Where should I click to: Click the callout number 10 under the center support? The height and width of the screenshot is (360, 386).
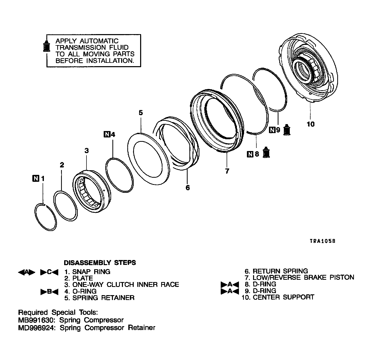point(310,124)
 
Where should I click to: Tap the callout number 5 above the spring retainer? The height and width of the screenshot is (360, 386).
point(141,113)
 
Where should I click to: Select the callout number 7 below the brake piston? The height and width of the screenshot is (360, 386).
point(227,171)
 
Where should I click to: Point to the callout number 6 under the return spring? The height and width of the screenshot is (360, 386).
point(188,188)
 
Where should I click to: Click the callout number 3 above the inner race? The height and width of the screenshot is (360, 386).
point(86,151)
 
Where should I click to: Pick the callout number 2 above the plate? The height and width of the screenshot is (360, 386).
point(62,165)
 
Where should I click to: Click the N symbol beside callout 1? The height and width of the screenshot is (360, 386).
point(36,178)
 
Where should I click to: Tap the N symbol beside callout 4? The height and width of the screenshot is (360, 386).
point(107,134)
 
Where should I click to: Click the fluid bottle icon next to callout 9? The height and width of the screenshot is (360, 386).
point(287,129)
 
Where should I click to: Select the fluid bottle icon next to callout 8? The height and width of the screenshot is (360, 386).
point(266,152)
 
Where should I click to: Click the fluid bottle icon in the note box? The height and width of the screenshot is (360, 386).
point(47,46)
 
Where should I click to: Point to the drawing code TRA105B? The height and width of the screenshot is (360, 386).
point(323,241)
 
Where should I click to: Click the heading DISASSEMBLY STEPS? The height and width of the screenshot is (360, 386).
point(100,263)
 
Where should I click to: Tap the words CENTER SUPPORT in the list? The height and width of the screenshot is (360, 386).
point(283,297)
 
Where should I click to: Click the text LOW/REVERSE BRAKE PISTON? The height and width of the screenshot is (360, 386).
point(303,277)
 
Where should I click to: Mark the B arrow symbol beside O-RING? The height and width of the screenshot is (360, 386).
point(49,292)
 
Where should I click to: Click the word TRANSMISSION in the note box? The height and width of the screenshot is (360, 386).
point(81,47)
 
